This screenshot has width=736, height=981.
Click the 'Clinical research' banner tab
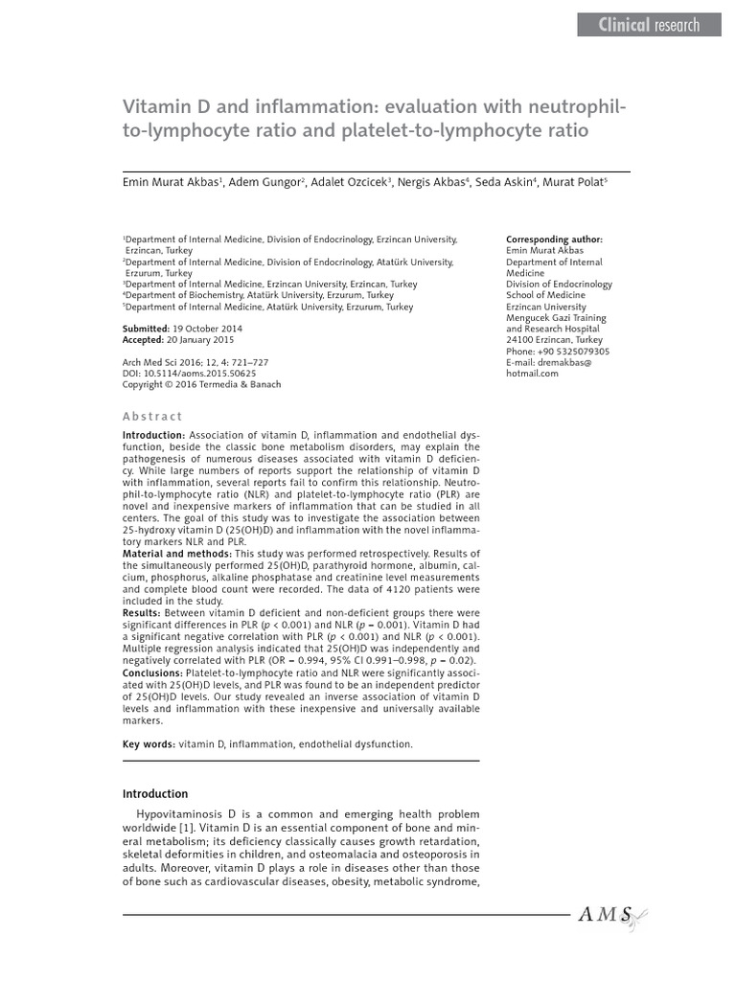[x=649, y=26]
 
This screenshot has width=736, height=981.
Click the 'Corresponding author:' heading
[x=554, y=239]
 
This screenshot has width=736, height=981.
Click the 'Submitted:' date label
[x=147, y=328]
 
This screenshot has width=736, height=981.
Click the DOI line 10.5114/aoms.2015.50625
[x=188, y=373]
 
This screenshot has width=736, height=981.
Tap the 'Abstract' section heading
[x=152, y=417]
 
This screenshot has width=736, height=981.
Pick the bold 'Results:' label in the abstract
[x=142, y=610]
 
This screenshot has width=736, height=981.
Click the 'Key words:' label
[x=149, y=743]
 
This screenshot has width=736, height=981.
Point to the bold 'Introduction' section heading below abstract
[x=155, y=794]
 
